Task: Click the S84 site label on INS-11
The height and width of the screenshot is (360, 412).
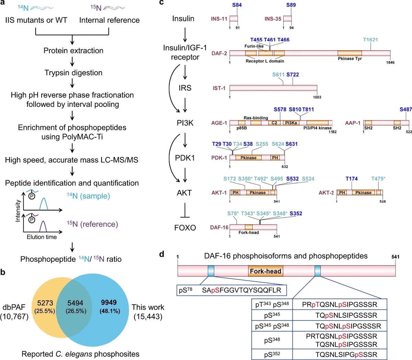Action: [x=237, y=5]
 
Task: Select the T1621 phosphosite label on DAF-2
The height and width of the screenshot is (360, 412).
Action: [x=370, y=40]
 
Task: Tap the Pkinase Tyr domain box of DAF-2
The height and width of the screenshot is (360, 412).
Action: [x=350, y=53]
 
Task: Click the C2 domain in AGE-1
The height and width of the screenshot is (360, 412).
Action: [x=274, y=123]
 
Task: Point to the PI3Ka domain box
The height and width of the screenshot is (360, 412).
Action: [x=291, y=123]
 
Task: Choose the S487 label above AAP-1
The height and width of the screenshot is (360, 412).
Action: [x=406, y=109]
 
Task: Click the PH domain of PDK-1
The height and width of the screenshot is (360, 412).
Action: [x=275, y=158]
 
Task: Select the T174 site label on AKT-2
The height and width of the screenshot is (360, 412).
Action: [x=352, y=179]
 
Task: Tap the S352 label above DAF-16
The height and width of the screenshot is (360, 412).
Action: [x=296, y=213]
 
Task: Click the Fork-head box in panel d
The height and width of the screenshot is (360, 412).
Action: [x=266, y=271]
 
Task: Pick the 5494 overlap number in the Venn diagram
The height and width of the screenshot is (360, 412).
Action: [x=75, y=303]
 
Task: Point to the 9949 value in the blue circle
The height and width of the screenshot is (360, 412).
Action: [x=109, y=302]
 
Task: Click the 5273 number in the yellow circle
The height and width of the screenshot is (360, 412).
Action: [x=45, y=303]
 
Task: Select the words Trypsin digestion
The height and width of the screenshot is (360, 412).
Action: [x=73, y=73]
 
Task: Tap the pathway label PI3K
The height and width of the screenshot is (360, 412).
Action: [x=185, y=123]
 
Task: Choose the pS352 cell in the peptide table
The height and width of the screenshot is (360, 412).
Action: [x=272, y=354]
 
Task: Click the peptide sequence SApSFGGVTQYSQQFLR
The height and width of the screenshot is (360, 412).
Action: [x=241, y=290]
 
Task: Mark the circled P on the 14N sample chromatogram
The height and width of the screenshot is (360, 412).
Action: [x=32, y=196]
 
